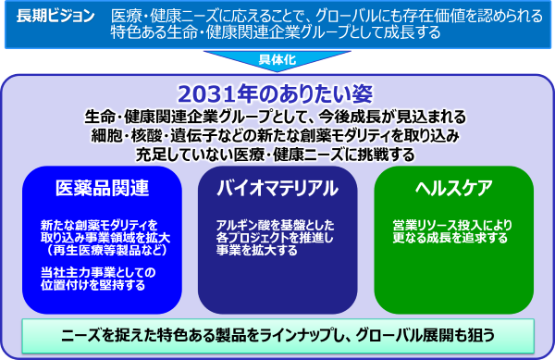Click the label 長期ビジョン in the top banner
point(55,16)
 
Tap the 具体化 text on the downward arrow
point(277,59)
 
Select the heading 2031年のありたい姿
point(275,93)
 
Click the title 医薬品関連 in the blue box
point(103,188)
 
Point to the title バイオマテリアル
point(277,188)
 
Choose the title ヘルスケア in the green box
point(454,188)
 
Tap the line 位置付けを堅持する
point(92,285)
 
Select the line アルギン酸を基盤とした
point(275,225)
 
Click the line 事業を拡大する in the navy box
point(257,250)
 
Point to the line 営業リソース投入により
point(452,225)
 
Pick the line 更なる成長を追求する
point(450,238)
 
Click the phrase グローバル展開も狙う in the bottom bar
point(425,335)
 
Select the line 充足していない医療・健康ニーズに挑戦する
point(275,155)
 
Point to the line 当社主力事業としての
point(98,272)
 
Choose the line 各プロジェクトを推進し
point(275,238)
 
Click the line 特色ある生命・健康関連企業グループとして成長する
point(276,32)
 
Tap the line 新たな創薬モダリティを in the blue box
point(99,225)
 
